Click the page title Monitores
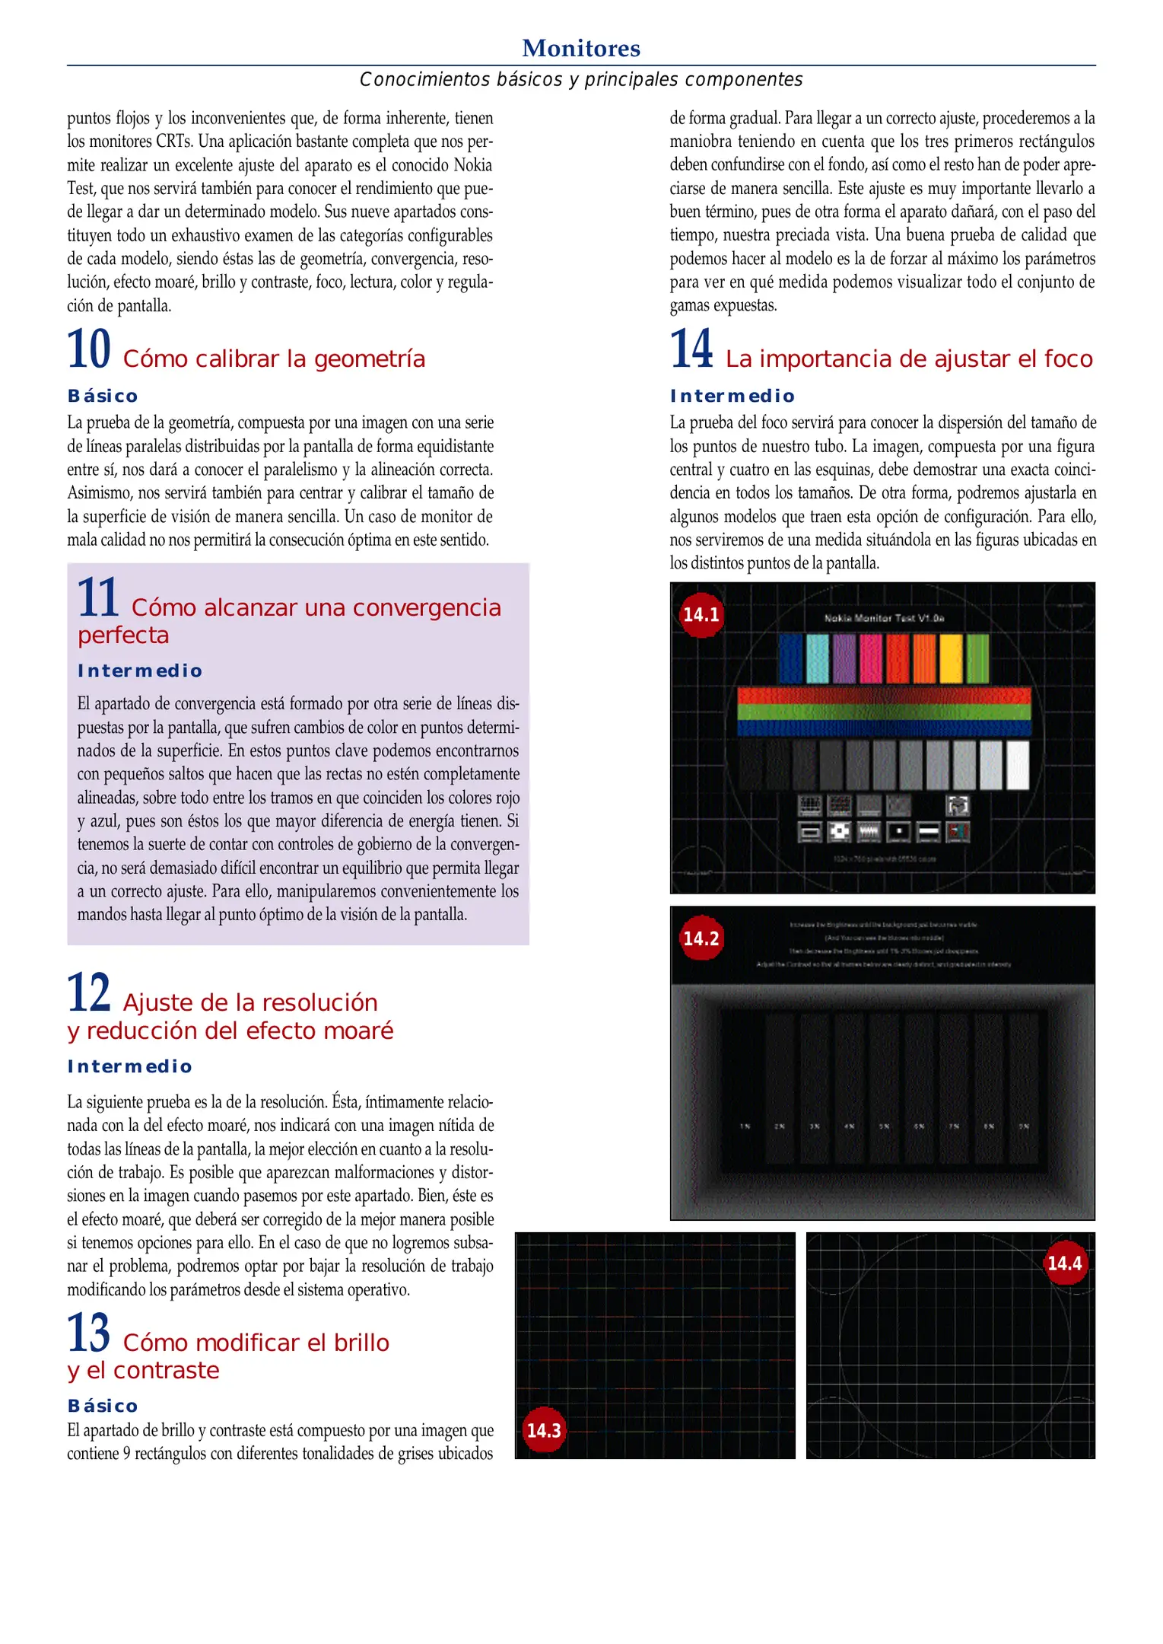point(581,48)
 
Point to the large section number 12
point(89,993)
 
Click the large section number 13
point(89,1333)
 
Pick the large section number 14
point(691,349)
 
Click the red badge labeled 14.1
point(701,615)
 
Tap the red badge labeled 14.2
point(701,938)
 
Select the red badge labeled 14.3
point(544,1430)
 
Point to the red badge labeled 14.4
point(1064,1263)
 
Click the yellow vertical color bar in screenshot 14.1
point(951,658)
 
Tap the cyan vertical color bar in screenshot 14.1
point(817,658)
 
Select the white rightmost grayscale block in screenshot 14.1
point(1017,765)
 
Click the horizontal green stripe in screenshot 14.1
point(884,712)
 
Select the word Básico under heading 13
point(103,1406)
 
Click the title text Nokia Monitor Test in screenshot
point(884,618)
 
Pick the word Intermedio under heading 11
point(140,671)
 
